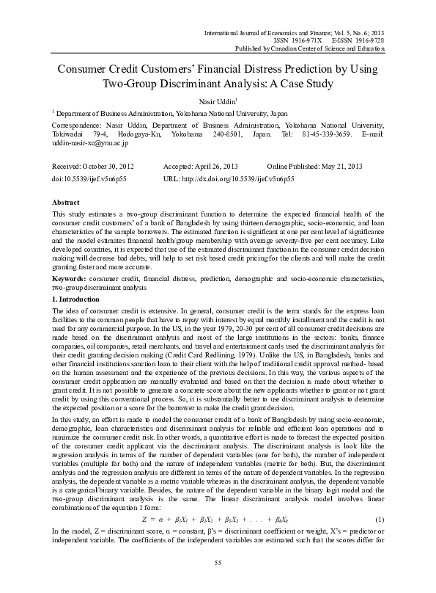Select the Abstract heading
point(65,200)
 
